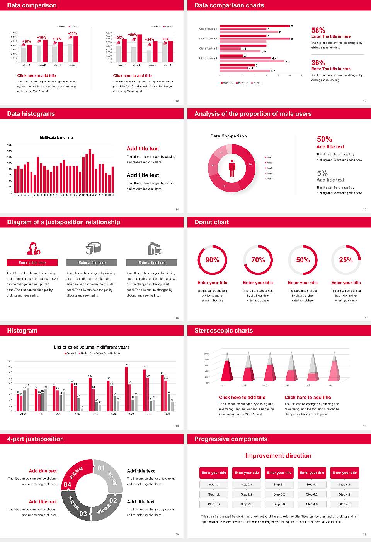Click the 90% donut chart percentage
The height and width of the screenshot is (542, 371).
click(212, 260)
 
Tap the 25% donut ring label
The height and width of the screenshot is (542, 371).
click(345, 260)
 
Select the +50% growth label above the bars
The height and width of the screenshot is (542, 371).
click(132, 35)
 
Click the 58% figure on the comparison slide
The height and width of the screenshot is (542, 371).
click(318, 30)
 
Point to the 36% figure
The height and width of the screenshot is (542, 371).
click(318, 63)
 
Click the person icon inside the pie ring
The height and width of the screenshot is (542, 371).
click(232, 168)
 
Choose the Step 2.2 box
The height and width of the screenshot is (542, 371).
click(247, 494)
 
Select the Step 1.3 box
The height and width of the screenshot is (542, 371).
click(214, 504)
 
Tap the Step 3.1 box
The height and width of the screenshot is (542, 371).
click(279, 485)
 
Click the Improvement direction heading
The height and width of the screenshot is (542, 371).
click(278, 456)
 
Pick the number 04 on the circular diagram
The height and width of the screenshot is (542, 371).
click(68, 484)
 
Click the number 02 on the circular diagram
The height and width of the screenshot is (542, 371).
click(113, 501)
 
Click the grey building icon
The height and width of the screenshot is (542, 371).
click(155, 248)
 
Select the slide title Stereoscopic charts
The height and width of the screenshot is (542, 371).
click(223, 331)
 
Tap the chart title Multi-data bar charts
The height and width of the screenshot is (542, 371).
click(57, 137)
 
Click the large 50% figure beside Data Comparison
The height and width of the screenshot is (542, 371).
click(324, 139)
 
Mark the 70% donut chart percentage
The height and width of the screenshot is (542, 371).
click(258, 260)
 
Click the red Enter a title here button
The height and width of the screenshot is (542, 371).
click(32, 263)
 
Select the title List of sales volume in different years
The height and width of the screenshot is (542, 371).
click(92, 347)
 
